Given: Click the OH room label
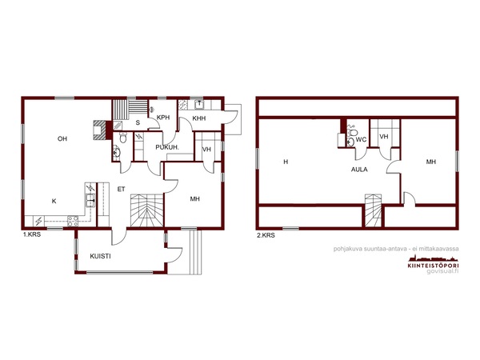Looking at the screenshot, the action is point(62,139).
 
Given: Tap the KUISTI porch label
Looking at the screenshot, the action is point(101,257).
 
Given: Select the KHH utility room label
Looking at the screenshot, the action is point(199,118).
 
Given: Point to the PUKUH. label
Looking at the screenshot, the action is point(167,147).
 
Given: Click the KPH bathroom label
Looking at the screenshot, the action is point(163,118).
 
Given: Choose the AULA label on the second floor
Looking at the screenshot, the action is point(359,170).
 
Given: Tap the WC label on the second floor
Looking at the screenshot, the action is point(362,140).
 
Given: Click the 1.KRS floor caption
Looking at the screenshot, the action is point(32,235).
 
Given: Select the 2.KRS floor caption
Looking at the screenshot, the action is point(266,235).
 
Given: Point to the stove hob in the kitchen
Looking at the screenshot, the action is point(73,221).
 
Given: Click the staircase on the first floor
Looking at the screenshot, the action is point(147,210).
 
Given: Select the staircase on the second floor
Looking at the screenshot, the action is point(373,210).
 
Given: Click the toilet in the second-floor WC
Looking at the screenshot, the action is point(352,132).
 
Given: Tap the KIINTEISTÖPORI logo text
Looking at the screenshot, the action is point(433,266).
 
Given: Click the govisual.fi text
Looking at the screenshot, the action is point(442,271).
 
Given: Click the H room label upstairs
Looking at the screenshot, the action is point(286,162).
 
